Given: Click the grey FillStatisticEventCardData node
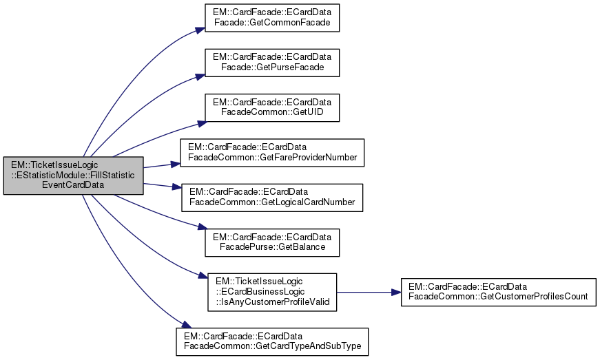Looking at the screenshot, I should (73, 176).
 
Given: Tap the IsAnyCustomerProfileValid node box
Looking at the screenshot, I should (272, 292).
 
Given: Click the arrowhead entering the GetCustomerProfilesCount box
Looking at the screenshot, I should (397, 292).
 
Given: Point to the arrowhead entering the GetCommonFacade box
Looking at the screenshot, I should (200, 29).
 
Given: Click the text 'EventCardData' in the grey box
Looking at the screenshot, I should (73, 184).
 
